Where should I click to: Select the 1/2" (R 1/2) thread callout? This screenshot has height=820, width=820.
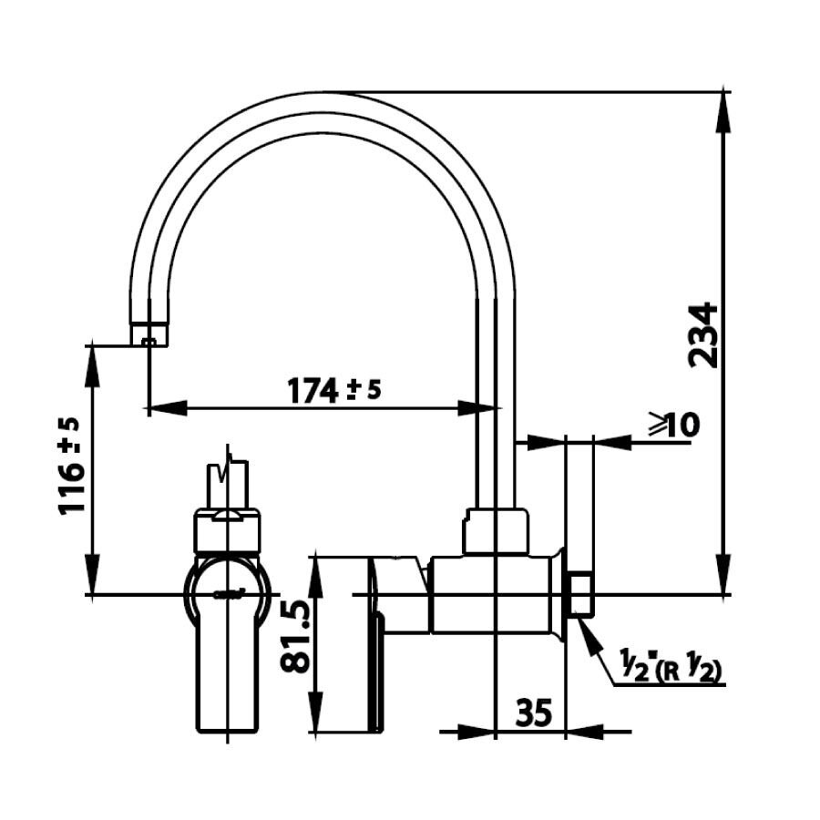(x=664, y=671)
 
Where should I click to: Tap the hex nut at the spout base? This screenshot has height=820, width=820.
(x=496, y=531)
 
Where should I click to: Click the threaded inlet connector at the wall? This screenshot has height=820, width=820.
(x=580, y=595)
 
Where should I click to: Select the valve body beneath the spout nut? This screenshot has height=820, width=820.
(x=492, y=594)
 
